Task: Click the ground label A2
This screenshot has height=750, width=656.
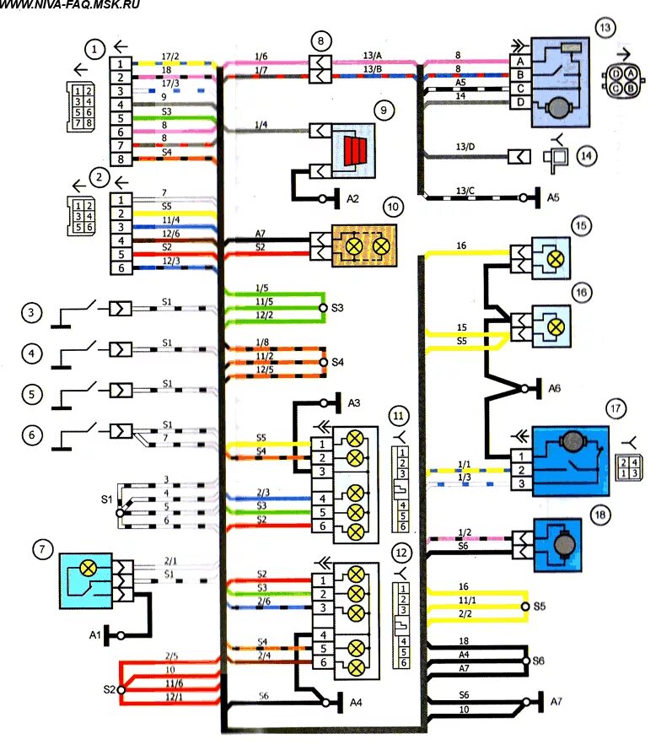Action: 352,199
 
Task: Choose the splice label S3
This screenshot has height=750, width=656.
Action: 338,309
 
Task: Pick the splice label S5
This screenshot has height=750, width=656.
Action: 539,606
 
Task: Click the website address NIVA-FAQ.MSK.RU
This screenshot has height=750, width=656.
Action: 71,5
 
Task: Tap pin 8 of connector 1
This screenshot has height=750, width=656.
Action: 121,159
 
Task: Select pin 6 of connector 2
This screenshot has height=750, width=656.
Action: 121,267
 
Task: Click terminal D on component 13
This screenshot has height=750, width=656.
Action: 520,102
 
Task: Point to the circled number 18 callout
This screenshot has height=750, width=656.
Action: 601,515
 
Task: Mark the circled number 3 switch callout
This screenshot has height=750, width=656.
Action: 32,314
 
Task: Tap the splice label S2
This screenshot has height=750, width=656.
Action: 109,689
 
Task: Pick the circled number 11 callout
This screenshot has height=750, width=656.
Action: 400,415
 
